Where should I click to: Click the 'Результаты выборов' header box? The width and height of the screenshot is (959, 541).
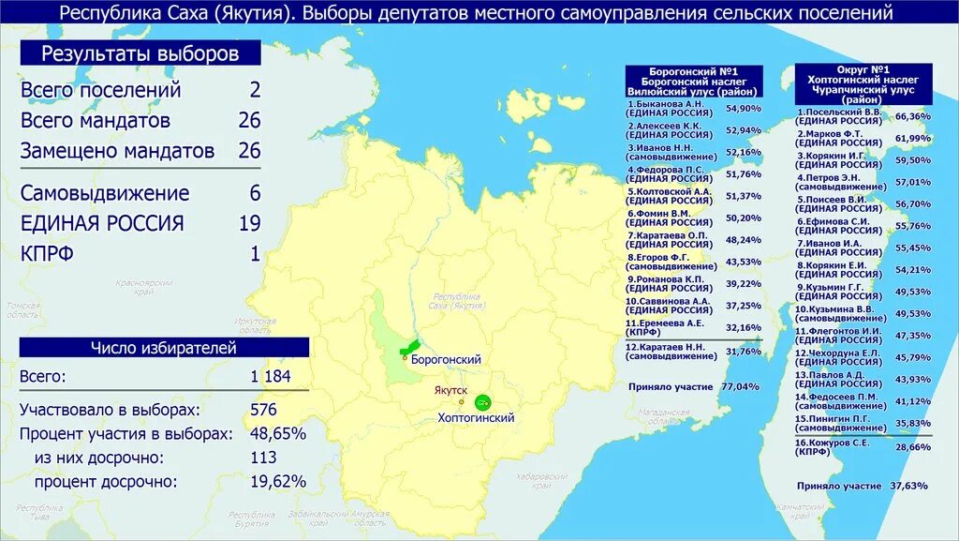(140, 53)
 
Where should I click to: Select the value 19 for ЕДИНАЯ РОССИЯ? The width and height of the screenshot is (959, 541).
(248, 223)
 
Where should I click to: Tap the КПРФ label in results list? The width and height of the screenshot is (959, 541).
(46, 253)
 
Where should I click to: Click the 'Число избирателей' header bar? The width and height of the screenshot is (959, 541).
(163, 348)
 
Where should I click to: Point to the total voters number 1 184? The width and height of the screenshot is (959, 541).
(270, 377)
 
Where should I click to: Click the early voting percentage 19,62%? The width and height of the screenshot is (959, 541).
(278, 481)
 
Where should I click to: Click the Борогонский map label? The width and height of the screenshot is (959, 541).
(446, 359)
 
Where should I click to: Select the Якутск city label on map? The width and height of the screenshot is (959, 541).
(450, 389)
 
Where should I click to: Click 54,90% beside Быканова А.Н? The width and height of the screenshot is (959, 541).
(744, 109)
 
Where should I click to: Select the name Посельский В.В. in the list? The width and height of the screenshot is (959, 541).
(839, 112)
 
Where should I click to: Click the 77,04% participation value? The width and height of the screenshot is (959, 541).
(741, 385)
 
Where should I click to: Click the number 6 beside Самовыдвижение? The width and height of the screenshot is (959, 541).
(254, 193)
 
